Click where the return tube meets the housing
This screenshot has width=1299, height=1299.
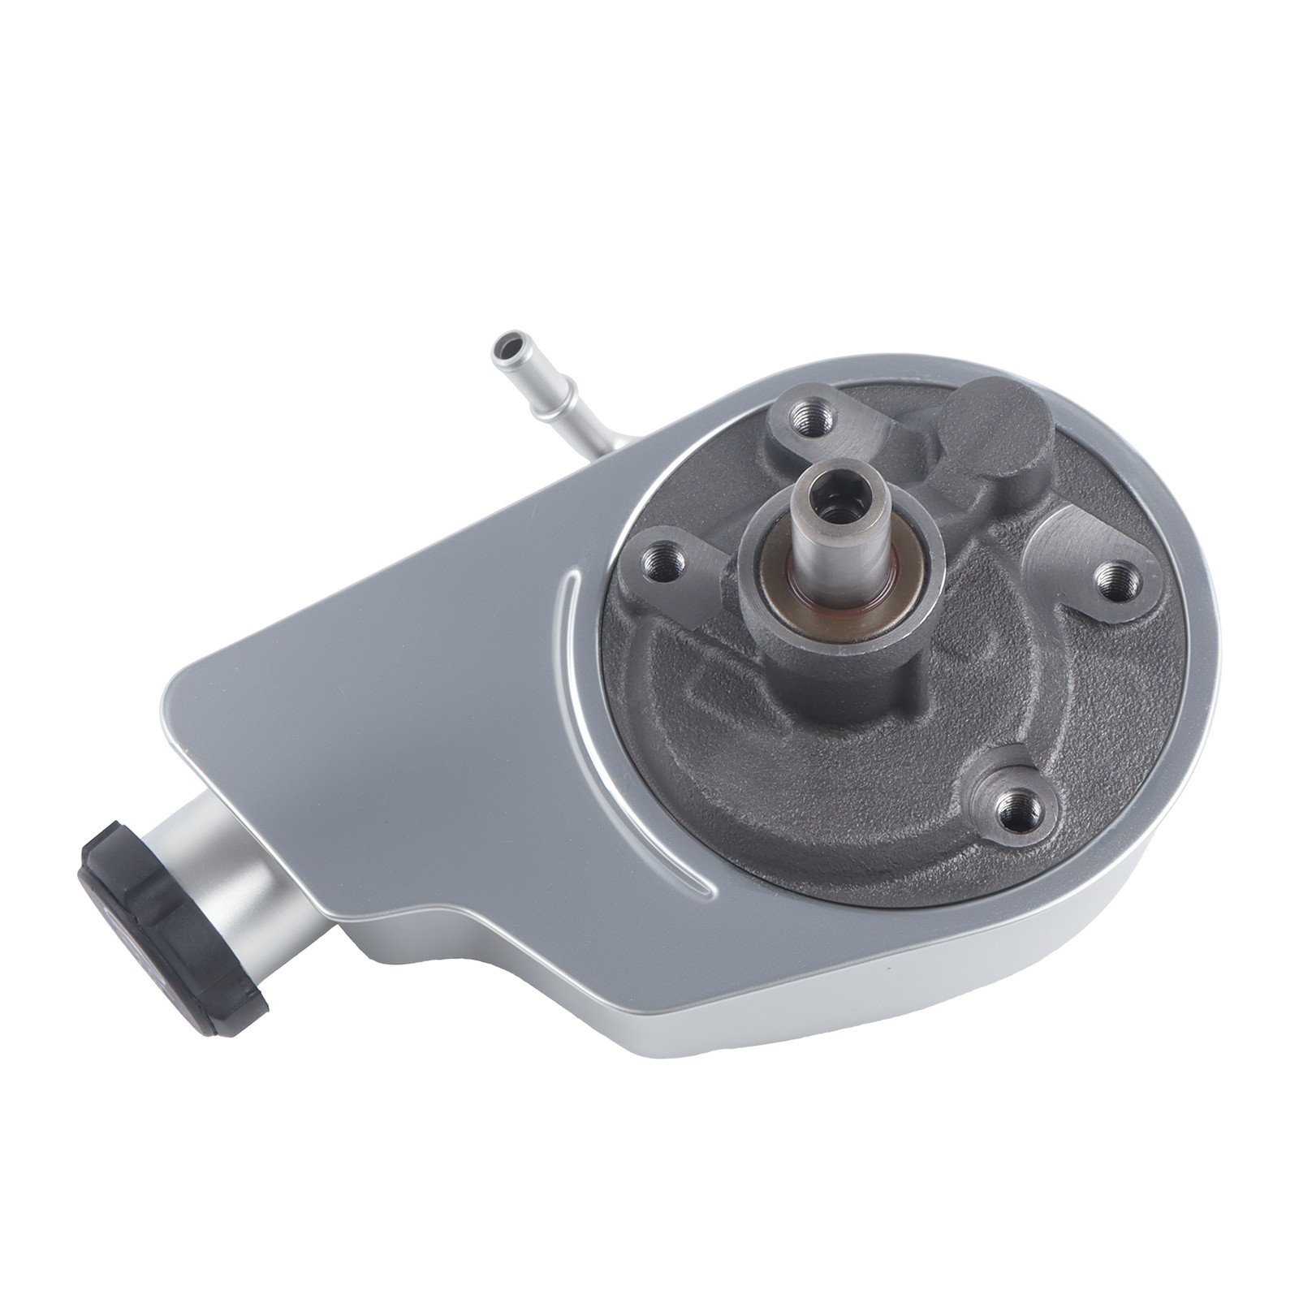pos(605,445)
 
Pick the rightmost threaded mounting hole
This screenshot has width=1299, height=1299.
pos(1113,577)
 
